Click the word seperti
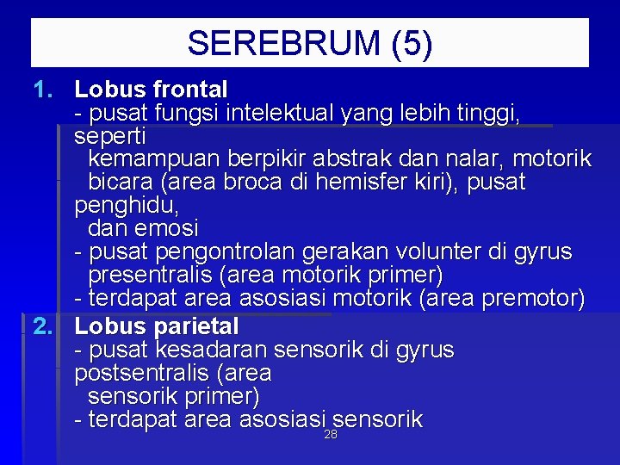[x=110, y=136]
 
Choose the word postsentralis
[x=133, y=374]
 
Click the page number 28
[x=331, y=435]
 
